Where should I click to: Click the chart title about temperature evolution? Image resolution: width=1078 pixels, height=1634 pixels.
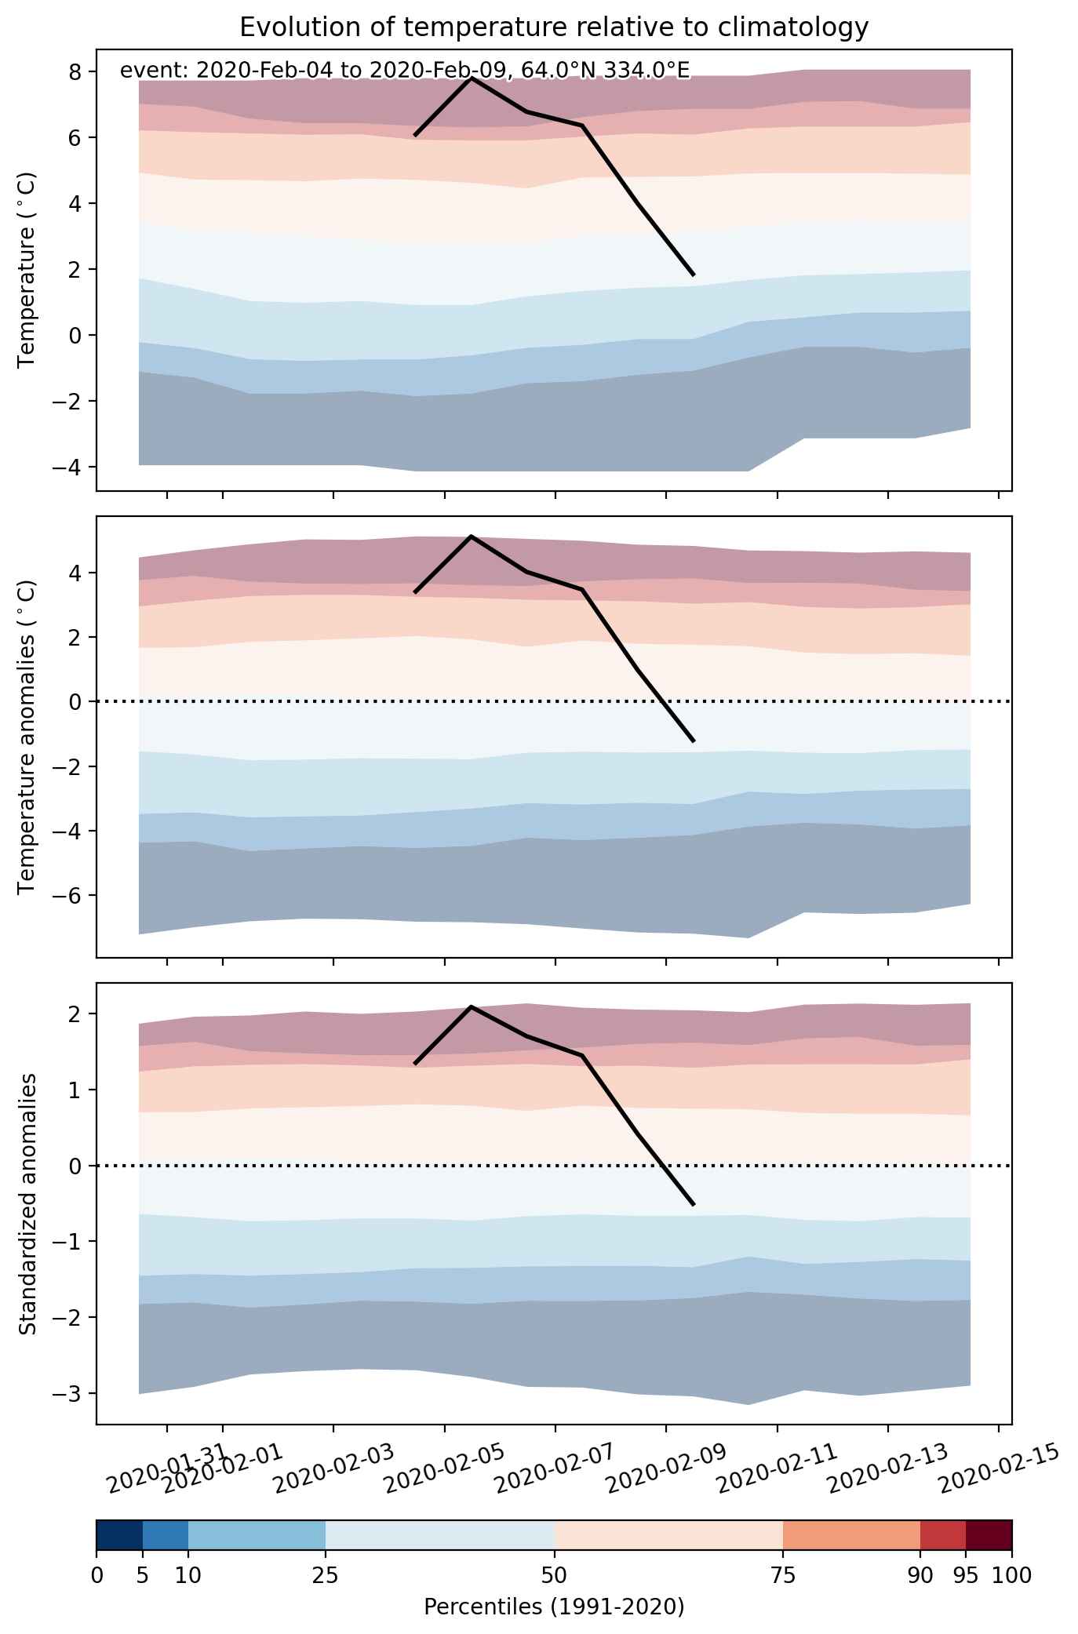coord(554,27)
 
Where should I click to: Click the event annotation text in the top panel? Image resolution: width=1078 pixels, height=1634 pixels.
coord(405,71)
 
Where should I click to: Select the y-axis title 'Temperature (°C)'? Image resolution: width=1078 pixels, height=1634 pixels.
coord(27,271)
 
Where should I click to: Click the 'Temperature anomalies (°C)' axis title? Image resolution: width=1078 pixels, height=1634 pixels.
coord(27,737)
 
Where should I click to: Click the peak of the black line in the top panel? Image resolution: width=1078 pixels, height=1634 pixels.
coord(471,78)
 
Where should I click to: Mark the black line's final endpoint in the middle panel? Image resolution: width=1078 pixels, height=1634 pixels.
coord(693,741)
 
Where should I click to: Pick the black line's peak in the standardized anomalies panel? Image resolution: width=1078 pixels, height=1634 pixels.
coord(471,1006)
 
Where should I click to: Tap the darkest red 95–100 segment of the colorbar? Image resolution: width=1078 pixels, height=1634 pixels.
coord(989,1535)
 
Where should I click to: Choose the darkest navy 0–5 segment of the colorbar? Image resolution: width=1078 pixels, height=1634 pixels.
coord(119,1535)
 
